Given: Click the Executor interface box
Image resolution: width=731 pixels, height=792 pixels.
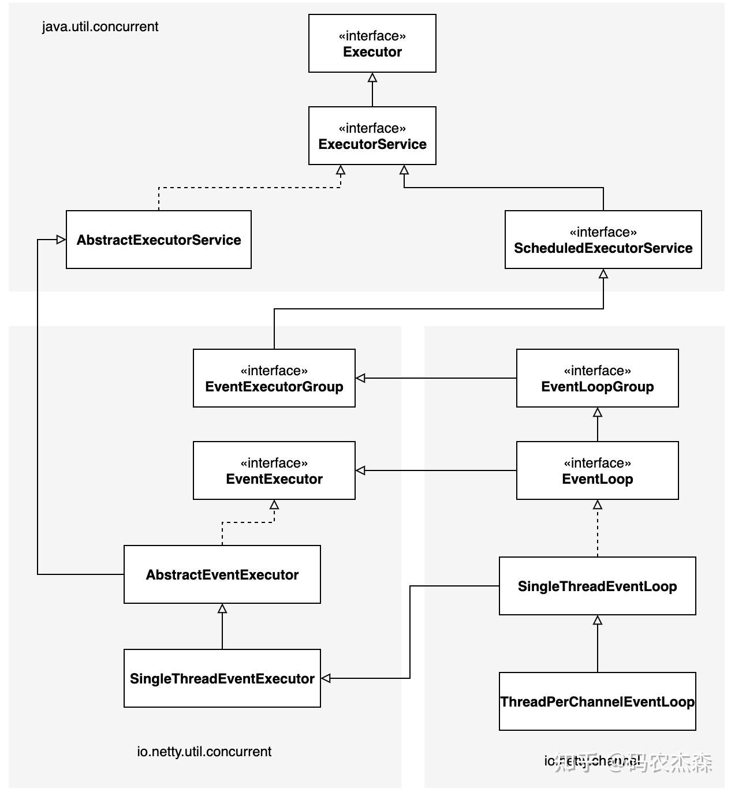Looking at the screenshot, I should click(x=372, y=43).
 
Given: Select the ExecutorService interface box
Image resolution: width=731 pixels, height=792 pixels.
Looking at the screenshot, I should click(x=372, y=136).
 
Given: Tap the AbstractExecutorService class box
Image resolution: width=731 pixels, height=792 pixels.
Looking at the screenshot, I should click(x=158, y=240).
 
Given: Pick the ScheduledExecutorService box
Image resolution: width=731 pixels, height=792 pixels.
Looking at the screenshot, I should click(x=603, y=240).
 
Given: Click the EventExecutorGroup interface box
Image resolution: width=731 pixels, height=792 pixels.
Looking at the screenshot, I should click(x=274, y=378).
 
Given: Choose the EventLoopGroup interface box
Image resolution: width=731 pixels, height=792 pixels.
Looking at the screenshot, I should click(x=597, y=378).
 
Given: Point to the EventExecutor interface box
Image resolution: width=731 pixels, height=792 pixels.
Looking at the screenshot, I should click(x=274, y=470).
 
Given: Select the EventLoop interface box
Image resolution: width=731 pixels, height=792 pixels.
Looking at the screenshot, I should click(x=597, y=470).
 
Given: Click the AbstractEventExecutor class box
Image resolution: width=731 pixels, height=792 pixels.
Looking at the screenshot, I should click(x=222, y=574).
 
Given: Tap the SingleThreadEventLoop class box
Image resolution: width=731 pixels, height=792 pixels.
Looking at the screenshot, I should click(x=597, y=586).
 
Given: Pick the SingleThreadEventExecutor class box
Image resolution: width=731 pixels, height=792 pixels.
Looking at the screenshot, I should click(x=222, y=678).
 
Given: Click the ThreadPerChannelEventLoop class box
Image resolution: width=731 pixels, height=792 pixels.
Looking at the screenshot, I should click(x=597, y=701).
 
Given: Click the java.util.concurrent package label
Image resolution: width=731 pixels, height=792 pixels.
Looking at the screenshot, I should click(x=100, y=27).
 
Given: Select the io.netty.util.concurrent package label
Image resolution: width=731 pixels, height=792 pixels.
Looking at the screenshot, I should click(x=204, y=752).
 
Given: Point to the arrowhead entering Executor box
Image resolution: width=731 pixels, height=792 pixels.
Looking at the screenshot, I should click(x=372, y=77).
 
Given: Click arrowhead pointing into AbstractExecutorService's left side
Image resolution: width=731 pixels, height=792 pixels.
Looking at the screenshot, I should click(x=61, y=240).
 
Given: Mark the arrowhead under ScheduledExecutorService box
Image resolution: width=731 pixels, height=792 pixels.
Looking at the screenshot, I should click(x=603, y=274).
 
